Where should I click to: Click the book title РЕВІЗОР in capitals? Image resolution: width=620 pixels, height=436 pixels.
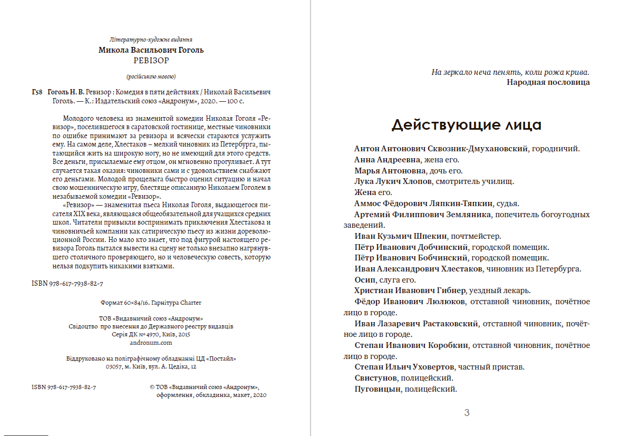tap(151, 60)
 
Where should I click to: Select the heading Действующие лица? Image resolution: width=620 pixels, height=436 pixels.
tap(466, 125)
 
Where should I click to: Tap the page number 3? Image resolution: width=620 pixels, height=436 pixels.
tap(467, 413)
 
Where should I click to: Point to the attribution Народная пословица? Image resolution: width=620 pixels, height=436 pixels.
tap(548, 82)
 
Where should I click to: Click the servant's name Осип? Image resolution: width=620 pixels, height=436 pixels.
tap(365, 280)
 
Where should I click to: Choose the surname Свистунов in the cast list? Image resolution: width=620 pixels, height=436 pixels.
tap(375, 378)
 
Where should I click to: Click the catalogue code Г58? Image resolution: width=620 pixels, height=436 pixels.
tap(37, 92)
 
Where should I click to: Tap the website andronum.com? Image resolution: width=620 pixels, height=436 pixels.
tap(151, 342)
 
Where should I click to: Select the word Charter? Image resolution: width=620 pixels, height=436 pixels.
tap(191, 303)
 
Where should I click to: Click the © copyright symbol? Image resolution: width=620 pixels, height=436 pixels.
tap(152, 387)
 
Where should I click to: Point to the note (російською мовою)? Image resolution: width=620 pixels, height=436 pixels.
tap(151, 76)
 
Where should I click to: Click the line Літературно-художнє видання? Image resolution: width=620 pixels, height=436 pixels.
tap(151, 40)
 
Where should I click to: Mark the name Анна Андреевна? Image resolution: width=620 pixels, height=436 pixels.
tap(387, 160)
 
